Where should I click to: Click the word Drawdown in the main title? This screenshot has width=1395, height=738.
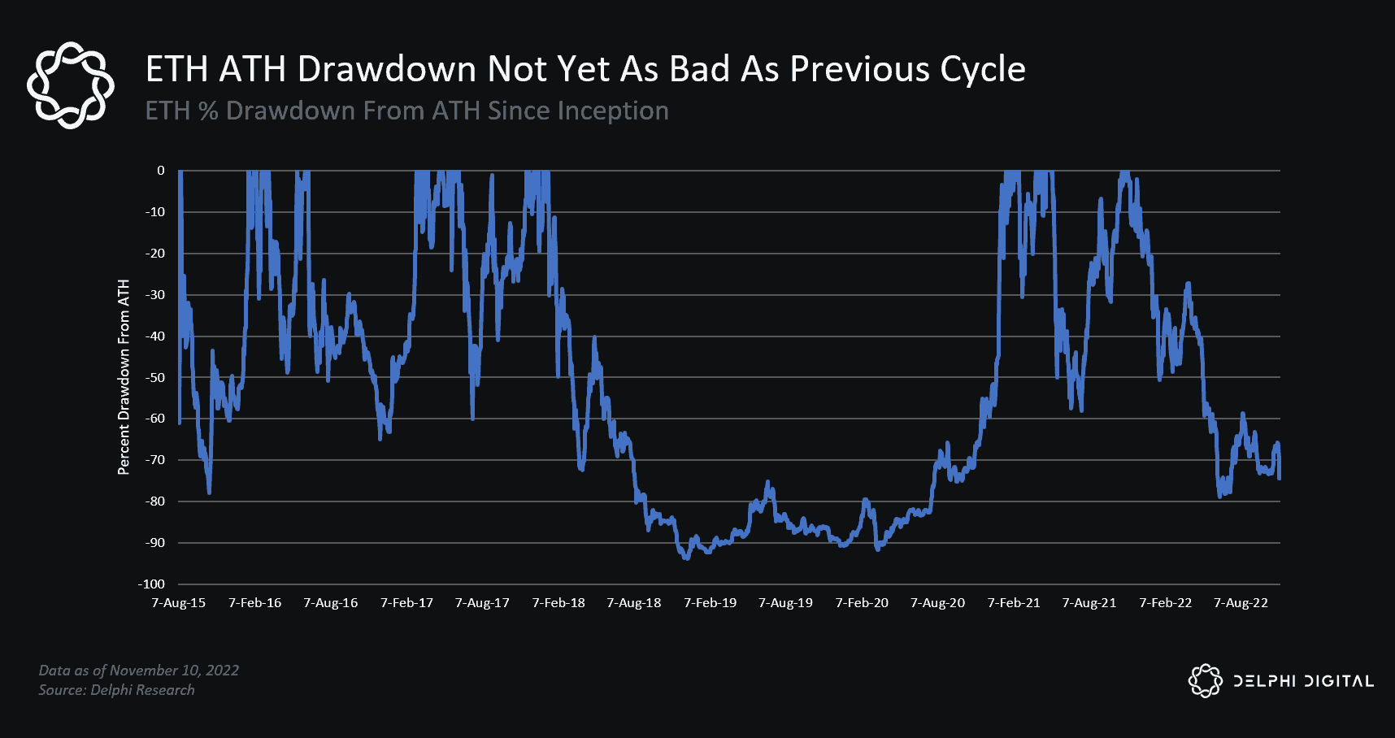pos(386,70)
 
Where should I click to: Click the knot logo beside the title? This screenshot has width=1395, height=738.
pos(71,85)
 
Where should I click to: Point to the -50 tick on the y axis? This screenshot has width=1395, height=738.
pos(154,377)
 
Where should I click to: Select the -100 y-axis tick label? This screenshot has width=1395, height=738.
pos(151,584)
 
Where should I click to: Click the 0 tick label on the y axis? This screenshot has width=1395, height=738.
pos(161,171)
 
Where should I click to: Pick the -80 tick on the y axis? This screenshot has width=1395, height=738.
pos(154,501)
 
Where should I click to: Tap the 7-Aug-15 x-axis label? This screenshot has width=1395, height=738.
pos(179,602)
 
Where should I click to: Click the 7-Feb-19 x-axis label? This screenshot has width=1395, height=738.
pos(710,602)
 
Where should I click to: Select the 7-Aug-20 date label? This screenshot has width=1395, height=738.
pos(937,602)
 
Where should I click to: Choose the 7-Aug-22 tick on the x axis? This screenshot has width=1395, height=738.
pos(1241,602)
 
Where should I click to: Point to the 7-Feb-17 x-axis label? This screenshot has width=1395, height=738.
pos(406,602)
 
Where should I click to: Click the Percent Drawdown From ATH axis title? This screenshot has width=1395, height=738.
pos(124,377)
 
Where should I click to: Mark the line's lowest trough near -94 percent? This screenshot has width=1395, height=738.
pos(686,558)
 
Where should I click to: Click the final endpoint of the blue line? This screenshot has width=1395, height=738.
pos(1279,478)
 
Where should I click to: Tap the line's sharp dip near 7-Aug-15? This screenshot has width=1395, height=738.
pos(209,492)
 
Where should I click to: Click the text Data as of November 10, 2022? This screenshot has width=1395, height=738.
pos(139,670)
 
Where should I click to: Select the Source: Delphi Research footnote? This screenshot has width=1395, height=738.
pos(116,689)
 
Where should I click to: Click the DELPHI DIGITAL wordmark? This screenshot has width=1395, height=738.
pos(1303,681)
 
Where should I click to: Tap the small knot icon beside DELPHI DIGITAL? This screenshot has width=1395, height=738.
pos(1205,681)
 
